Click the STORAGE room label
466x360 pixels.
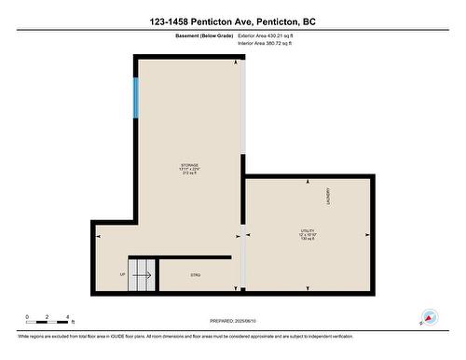point(189,165)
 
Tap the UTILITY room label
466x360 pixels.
point(308,228)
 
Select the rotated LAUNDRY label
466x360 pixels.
point(328,196)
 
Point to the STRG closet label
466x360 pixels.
point(195,275)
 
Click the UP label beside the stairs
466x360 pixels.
point(122,274)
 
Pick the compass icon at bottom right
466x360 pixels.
point(430,318)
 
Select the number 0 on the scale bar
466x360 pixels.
point(27,318)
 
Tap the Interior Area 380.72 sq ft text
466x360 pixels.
point(271,42)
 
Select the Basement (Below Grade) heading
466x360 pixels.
point(205,35)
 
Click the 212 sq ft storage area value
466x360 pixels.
point(189,174)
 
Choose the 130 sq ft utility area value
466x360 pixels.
point(308,239)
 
